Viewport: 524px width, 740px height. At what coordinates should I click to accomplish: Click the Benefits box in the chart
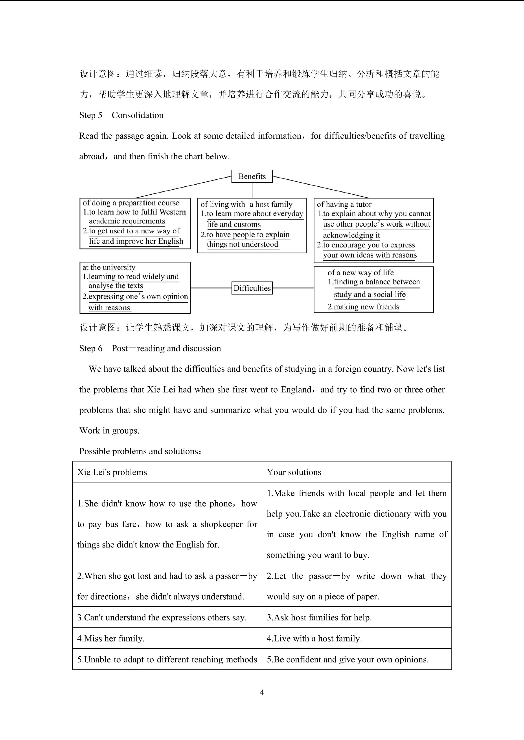click(252, 176)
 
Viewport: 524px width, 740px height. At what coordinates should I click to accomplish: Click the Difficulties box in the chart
click(252, 288)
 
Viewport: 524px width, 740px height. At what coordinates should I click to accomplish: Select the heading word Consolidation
click(138, 115)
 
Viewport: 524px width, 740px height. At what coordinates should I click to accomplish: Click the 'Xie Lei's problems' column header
click(112, 472)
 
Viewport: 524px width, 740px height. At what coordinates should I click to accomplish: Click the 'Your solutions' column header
click(294, 472)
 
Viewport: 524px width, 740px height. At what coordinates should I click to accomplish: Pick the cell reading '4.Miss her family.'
click(111, 638)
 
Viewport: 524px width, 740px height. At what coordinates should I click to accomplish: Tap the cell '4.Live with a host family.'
click(314, 638)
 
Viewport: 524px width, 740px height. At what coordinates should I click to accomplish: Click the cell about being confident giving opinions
click(347, 659)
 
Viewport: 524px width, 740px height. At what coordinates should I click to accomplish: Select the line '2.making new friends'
click(363, 307)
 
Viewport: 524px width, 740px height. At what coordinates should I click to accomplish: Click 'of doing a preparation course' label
click(131, 203)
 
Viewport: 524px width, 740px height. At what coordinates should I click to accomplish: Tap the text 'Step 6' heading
click(91, 348)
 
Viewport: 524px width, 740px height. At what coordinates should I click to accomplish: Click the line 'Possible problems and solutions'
click(140, 451)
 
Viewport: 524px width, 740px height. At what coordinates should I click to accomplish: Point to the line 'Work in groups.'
click(109, 431)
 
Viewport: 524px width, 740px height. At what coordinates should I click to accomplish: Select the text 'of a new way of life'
click(360, 273)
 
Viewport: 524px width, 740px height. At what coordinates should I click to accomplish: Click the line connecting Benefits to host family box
click(252, 190)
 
